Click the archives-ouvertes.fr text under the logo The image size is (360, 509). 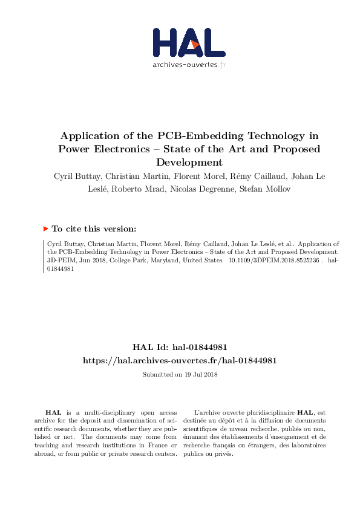pos(189,64)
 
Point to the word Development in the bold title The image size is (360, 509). pos(189,162)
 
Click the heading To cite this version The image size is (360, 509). pos(93,229)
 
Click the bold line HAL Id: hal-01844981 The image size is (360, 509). pos(180,347)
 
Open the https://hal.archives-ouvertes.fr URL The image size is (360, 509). pos(180,360)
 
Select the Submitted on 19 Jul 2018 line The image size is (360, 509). pos(180,374)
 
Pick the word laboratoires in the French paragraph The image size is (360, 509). pos(308,446)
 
